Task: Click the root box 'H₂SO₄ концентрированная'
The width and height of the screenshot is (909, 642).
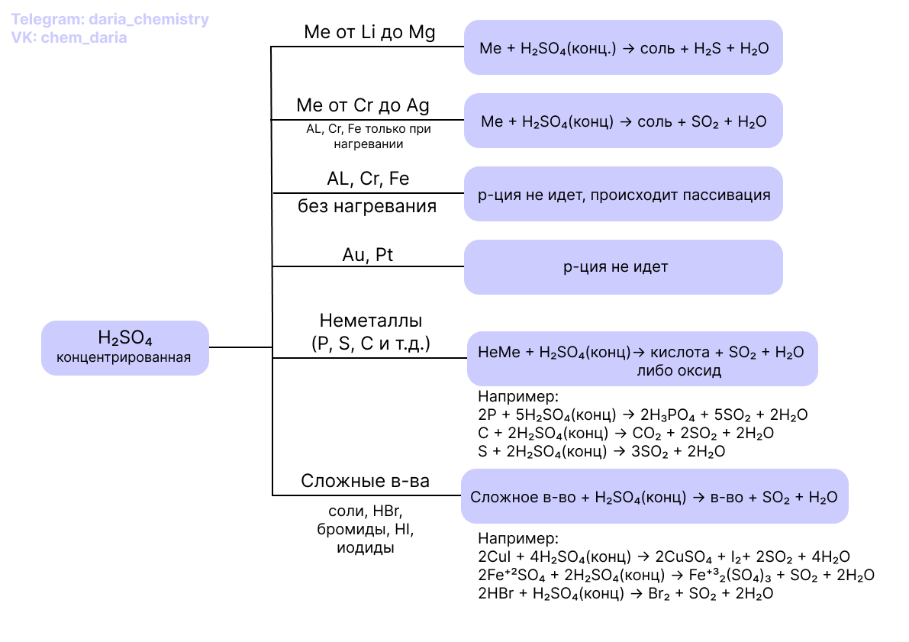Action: pyautogui.click(x=124, y=347)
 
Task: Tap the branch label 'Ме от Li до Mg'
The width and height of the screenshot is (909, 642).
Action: pyautogui.click(x=369, y=33)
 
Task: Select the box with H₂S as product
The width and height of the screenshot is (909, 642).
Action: pyautogui.click(x=624, y=48)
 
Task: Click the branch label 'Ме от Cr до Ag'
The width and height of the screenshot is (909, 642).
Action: pyautogui.click(x=368, y=105)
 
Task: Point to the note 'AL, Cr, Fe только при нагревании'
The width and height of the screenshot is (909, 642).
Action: pyautogui.click(x=369, y=136)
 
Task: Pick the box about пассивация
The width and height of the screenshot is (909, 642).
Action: pyautogui.click(x=624, y=195)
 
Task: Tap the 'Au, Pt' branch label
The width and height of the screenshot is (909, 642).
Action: pyautogui.click(x=368, y=255)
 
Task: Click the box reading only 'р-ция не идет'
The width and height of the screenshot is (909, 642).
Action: pyautogui.click(x=624, y=267)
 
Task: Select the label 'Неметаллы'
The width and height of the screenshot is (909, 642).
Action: pyautogui.click(x=371, y=320)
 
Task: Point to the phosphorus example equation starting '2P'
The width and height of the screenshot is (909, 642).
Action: pyautogui.click(x=642, y=415)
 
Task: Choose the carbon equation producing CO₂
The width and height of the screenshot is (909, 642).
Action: pyautogui.click(x=626, y=434)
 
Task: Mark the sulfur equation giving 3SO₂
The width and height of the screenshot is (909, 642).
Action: pyautogui.click(x=601, y=451)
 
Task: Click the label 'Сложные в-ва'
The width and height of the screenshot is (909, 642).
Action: pyautogui.click(x=365, y=481)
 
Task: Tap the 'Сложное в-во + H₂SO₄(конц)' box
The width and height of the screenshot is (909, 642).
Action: pyautogui.click(x=654, y=497)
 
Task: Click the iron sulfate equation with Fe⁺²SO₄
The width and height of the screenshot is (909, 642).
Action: pyautogui.click(x=675, y=575)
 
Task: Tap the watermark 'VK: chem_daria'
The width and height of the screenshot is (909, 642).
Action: pyautogui.click(x=70, y=37)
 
